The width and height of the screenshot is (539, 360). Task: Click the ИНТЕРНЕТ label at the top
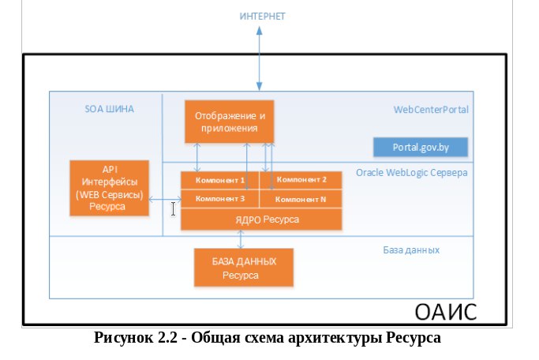point(262,16)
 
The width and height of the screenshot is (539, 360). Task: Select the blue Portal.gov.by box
point(421,147)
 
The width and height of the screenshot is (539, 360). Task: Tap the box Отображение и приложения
point(230,122)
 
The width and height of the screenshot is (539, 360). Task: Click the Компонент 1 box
point(220,180)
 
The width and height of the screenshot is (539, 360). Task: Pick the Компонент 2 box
point(301,180)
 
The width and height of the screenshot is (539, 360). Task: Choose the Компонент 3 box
point(220,199)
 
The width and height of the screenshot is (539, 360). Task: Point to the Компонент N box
point(301,199)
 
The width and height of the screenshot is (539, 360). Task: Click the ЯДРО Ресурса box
point(261,219)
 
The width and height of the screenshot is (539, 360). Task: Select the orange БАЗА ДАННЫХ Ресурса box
point(244,268)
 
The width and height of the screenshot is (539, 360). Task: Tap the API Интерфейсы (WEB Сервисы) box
point(110,188)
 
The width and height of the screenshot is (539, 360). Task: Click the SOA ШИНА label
point(110,109)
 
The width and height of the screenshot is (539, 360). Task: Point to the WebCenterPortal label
point(431,110)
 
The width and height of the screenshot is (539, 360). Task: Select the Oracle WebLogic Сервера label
point(411,173)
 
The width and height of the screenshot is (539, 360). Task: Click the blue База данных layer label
point(411,250)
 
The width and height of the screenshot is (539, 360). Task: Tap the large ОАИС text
point(446,312)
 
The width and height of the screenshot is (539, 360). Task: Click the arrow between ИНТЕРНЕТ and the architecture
point(260,58)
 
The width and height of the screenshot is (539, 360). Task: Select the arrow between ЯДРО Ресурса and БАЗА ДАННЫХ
point(241,239)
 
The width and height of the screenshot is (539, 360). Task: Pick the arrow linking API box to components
point(165,199)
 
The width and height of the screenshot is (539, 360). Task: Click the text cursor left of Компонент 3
point(173,209)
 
